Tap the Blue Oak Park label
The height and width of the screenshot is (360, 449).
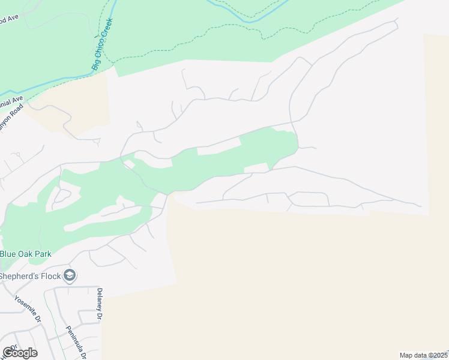(x=25, y=254)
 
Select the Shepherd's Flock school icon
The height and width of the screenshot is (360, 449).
(x=70, y=275)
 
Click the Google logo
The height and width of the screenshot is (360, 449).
(x=19, y=353)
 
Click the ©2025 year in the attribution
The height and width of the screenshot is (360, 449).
(x=436, y=355)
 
